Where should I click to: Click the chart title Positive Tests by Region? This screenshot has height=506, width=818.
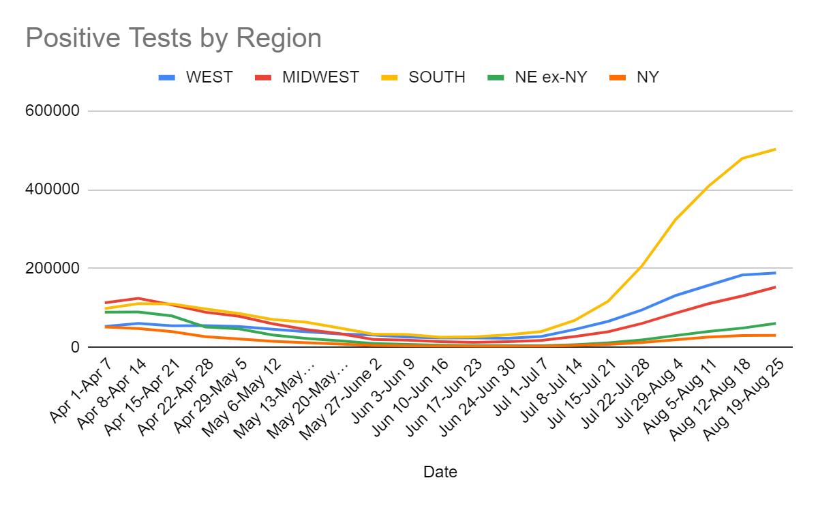point(173,38)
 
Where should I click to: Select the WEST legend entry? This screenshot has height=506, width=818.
point(209,77)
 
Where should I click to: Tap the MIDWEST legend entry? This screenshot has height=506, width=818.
point(320,77)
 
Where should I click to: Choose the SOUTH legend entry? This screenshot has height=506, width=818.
point(437,77)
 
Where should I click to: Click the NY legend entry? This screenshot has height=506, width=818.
point(647,77)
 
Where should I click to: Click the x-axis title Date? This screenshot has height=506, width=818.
point(440,472)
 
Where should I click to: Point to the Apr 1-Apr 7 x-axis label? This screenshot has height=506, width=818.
point(80,393)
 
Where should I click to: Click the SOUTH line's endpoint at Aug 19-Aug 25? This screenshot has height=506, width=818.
point(775,149)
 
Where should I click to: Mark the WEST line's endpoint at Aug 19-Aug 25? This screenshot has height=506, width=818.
point(775,273)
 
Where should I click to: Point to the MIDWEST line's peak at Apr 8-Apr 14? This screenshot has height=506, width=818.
point(138,298)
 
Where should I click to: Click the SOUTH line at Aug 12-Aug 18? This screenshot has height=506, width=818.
point(742,158)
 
